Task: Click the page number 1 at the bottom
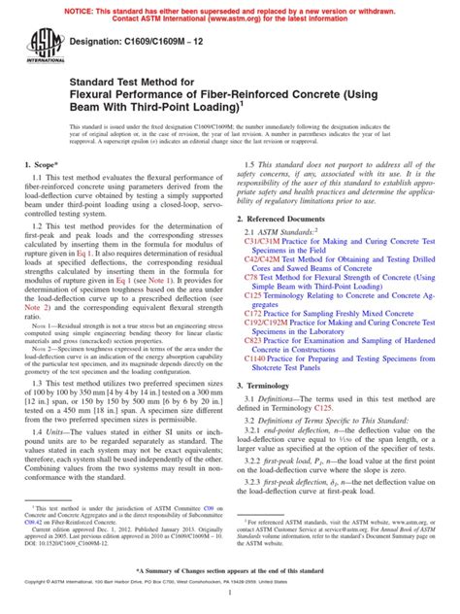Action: tap(230, 604)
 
